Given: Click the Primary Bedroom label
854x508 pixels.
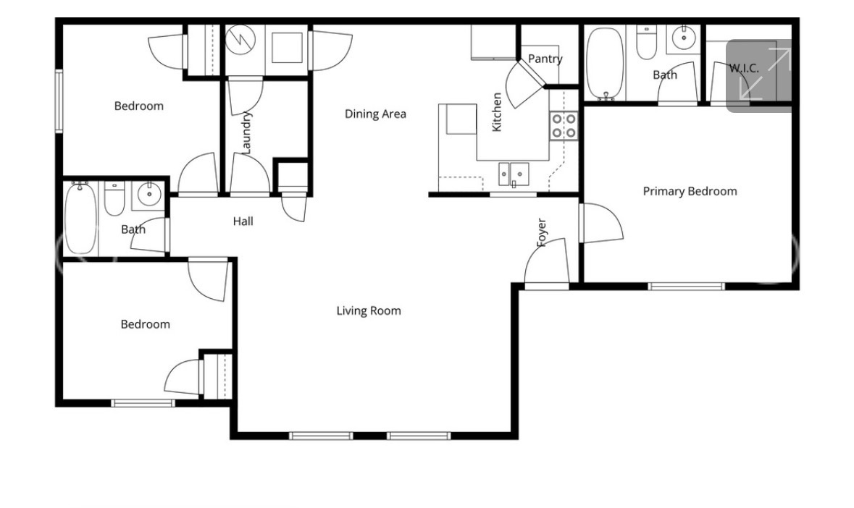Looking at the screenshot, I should (690, 191).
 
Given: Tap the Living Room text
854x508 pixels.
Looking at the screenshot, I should (368, 311).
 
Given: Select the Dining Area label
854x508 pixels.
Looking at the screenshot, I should (374, 114).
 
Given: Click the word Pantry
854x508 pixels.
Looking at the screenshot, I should (545, 59).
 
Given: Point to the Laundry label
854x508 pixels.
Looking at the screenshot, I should (246, 132).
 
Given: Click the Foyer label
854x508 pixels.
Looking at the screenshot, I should (541, 233).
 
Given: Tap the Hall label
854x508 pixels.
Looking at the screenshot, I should (243, 221).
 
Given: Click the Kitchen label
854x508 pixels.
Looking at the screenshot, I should (497, 112).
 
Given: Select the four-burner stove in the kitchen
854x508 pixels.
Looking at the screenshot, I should (564, 125).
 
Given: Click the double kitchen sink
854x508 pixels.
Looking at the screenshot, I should (513, 174).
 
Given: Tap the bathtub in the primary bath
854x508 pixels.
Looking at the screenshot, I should (604, 64).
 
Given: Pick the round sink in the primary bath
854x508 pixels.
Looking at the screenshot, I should (682, 37).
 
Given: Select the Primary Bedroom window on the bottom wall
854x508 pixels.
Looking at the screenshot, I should (685, 287).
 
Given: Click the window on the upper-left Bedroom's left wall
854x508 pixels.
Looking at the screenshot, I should (59, 101).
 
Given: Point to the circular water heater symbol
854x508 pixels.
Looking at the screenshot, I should (237, 40).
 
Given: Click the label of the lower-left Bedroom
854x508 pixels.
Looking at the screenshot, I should (145, 324).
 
